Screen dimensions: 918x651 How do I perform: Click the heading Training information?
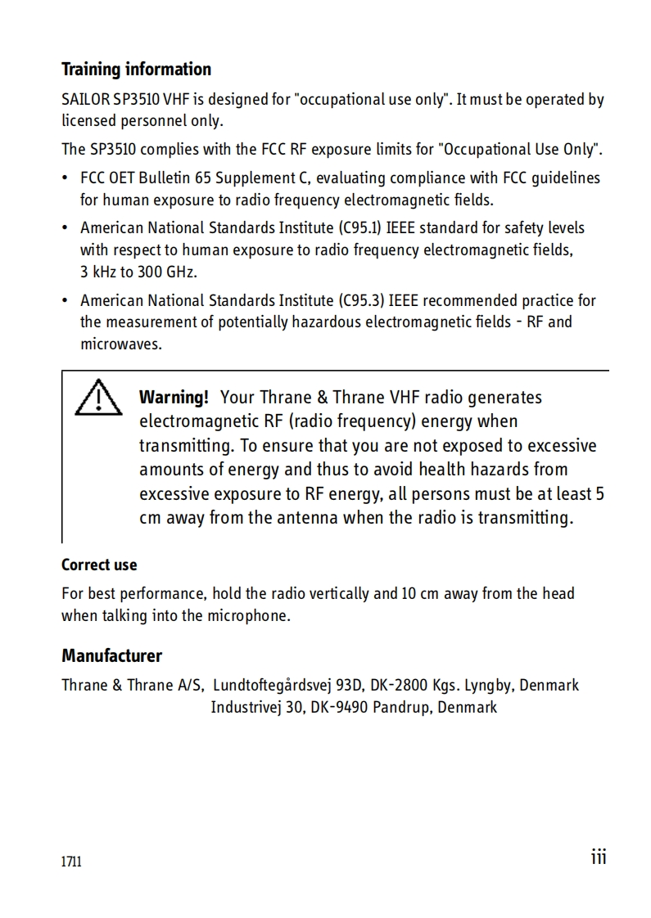click(x=136, y=69)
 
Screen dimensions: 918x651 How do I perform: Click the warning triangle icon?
click(x=97, y=398)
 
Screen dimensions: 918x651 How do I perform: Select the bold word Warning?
click(x=174, y=398)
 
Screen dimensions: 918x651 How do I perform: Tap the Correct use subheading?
click(x=99, y=565)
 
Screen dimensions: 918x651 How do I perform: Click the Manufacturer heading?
click(x=111, y=655)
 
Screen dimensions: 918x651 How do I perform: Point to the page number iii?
click(x=599, y=856)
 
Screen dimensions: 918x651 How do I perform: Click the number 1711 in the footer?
click(x=72, y=862)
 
